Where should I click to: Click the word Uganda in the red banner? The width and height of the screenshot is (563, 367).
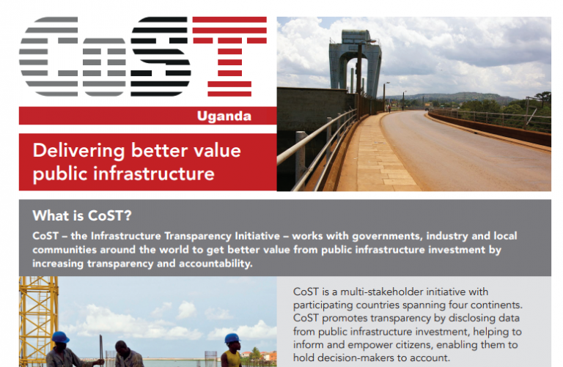click(x=224, y=116)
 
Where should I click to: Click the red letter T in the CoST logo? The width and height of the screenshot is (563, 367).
click(x=229, y=56)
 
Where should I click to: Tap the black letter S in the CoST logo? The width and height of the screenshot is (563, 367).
click(x=161, y=56)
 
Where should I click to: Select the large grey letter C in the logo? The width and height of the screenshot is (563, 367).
click(x=48, y=56)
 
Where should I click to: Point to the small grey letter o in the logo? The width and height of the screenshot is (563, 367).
click(x=104, y=67)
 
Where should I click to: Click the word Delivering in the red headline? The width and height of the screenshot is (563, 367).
click(x=78, y=151)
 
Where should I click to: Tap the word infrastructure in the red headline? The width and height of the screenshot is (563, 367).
click(x=154, y=174)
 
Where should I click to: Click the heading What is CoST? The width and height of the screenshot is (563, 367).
click(x=82, y=215)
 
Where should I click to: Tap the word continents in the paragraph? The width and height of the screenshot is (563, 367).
click(x=496, y=305)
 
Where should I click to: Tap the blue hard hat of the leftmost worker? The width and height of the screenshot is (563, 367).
click(x=60, y=337)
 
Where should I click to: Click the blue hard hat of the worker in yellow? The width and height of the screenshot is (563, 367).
click(x=232, y=338)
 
